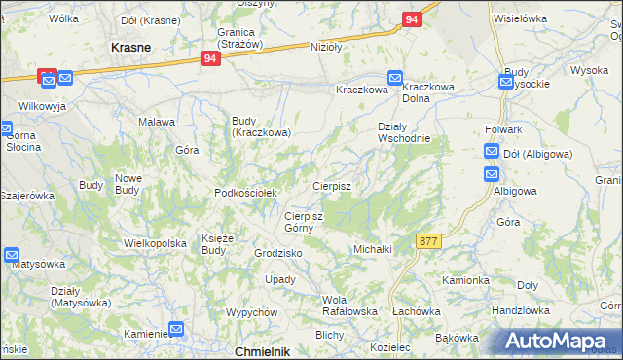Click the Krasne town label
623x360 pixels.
tap(130, 47)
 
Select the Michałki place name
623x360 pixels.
tap(372, 249)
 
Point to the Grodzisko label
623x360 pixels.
tap(278, 253)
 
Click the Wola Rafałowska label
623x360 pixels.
tap(349, 306)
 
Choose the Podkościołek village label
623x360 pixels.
tap(246, 193)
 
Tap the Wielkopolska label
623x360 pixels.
tap(155, 243)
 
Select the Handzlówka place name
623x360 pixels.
tap(521, 310)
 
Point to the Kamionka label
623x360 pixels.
tap(465, 280)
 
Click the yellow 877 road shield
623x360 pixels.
tap(428, 240)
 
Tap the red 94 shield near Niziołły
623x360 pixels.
tap(212, 59)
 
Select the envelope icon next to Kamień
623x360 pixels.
tap(177, 330)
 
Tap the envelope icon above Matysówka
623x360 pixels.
tap(12, 255)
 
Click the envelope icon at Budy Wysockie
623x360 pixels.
tap(506, 83)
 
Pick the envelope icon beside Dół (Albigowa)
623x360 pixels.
tap(492, 152)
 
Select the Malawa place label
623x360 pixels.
tap(157, 122)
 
